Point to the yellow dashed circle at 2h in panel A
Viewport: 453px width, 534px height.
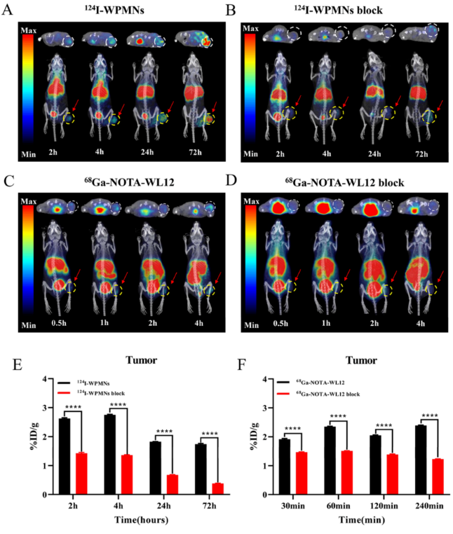tap(68, 119)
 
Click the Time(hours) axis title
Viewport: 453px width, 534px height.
tap(134, 522)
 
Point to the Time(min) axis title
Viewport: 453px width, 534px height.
tap(355, 522)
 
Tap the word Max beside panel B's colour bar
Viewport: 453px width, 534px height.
tap(251, 28)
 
